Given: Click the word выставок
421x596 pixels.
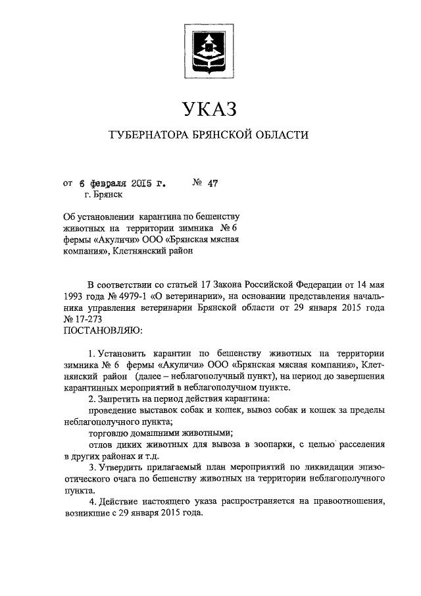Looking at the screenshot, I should tap(158, 410).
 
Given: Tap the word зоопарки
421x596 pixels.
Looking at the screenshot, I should tap(271, 445).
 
